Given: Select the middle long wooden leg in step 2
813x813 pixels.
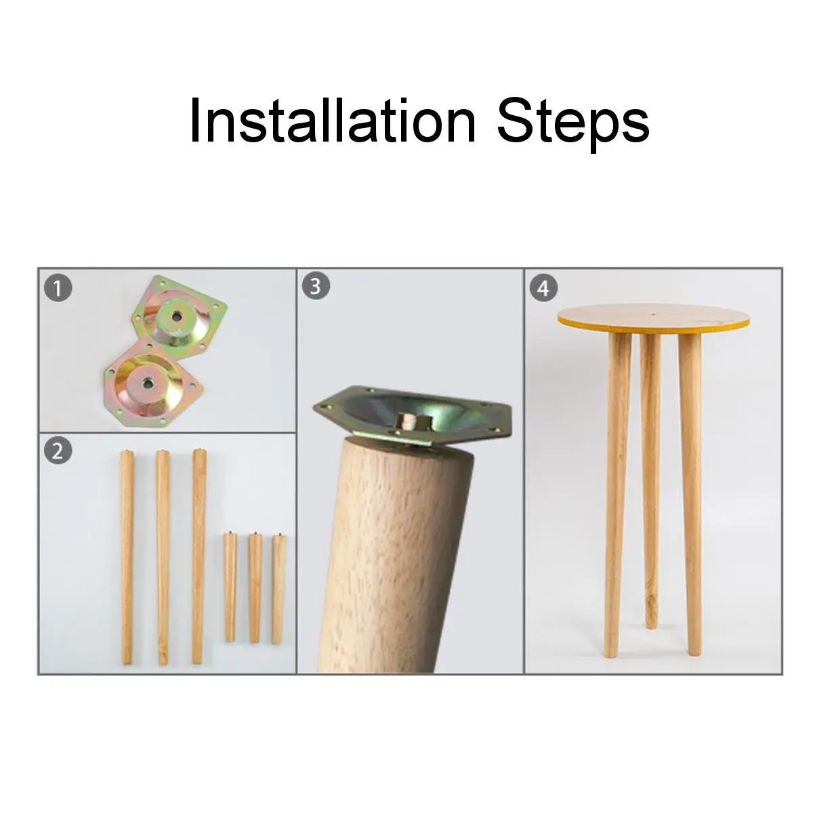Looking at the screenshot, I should [x=163, y=556].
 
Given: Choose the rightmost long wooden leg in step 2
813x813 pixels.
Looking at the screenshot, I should [x=198, y=556].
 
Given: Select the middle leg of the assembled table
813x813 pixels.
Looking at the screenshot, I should [x=651, y=474].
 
